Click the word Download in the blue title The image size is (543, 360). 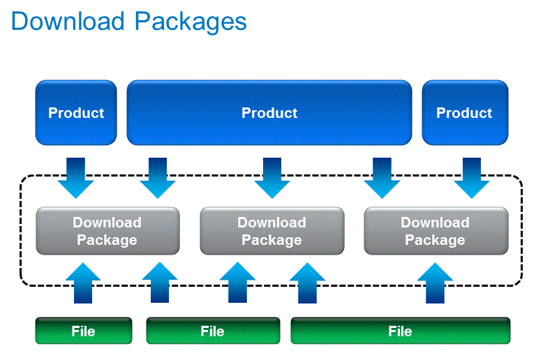(x=68, y=21)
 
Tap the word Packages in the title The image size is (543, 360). (x=191, y=22)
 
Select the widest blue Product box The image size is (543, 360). (x=269, y=112)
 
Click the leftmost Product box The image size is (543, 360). (x=76, y=112)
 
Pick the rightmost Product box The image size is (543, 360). (x=465, y=112)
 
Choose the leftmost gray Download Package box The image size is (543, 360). (x=107, y=231)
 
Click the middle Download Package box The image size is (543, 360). (x=271, y=231)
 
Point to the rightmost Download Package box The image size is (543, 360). (x=436, y=231)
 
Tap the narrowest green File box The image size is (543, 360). (x=84, y=331)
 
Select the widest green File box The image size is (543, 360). (x=401, y=331)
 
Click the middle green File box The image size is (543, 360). (x=213, y=331)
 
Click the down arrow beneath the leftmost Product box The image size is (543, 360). (x=76, y=178)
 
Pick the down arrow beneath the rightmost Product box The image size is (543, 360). (x=472, y=178)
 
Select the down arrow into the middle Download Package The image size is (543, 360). (x=272, y=178)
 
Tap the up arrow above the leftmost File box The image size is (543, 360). (x=83, y=283)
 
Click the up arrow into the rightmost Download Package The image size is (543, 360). (x=435, y=283)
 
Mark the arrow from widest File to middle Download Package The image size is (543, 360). (x=307, y=283)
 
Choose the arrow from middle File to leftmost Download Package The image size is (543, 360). (x=160, y=282)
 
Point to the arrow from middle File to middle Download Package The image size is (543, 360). (x=237, y=282)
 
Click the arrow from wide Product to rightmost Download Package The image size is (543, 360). (x=382, y=178)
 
